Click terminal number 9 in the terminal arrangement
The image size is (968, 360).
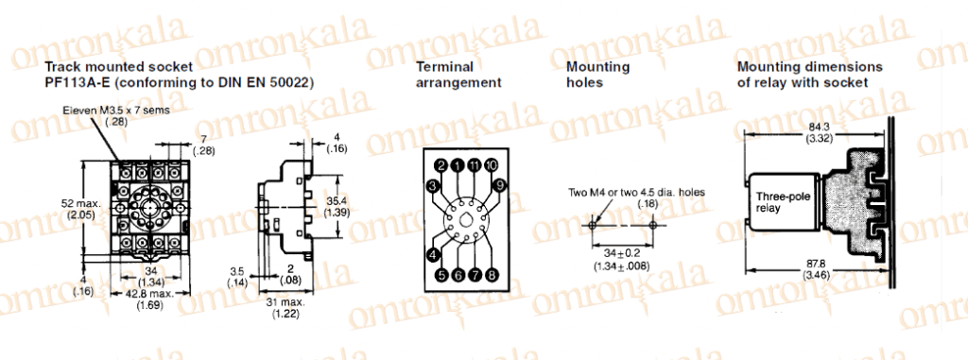click(499, 183)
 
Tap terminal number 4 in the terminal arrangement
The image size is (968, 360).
click(433, 252)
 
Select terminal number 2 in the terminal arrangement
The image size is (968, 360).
click(441, 164)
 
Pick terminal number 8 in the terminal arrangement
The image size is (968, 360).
click(492, 275)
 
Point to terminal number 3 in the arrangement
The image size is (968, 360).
click(433, 184)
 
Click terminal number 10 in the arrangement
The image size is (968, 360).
click(492, 164)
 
